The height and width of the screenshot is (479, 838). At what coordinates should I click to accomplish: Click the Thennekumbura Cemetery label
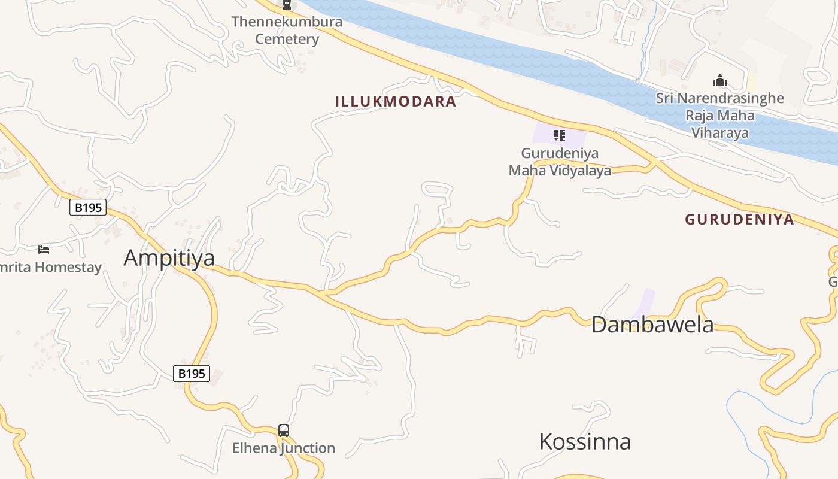[x=287, y=31]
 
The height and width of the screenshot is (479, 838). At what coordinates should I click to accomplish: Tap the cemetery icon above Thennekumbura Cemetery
[x=287, y=5]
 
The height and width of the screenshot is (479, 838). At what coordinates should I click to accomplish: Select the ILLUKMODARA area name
[x=396, y=101]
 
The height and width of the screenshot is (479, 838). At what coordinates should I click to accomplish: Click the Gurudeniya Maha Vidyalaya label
[x=560, y=162]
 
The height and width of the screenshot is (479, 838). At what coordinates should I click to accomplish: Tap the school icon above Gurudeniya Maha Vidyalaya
[x=560, y=135]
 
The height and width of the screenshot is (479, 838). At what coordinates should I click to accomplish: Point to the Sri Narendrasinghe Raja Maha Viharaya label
[x=719, y=115]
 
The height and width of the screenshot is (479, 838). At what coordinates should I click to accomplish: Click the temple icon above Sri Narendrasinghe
[x=719, y=80]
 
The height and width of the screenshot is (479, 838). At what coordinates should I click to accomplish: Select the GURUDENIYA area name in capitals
[x=739, y=219]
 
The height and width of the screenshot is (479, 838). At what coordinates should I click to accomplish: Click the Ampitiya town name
[x=169, y=257]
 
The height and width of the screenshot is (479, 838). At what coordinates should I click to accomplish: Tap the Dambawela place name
[x=652, y=325]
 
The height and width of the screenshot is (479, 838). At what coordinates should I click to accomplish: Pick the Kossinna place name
[x=585, y=442]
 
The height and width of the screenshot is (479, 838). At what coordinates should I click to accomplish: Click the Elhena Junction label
[x=284, y=448]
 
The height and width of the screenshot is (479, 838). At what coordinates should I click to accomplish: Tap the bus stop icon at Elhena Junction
[x=284, y=431]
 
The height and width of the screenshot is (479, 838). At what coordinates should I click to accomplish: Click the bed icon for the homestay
[x=44, y=249]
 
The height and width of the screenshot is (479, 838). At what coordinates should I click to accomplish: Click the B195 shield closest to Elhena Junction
[x=192, y=374]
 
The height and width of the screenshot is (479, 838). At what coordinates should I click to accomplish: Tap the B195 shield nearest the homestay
[x=88, y=208]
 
